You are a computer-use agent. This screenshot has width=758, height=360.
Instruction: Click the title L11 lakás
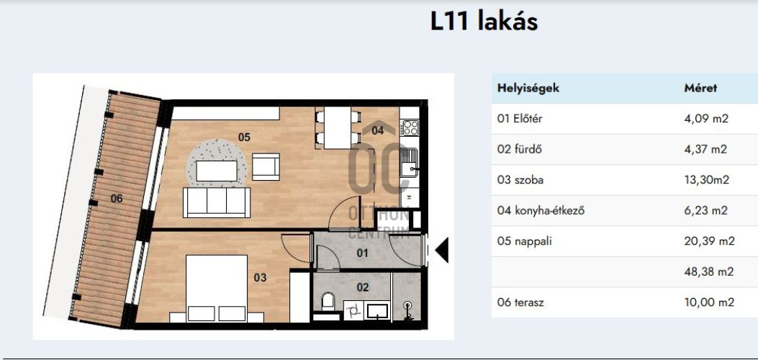tap(484, 22)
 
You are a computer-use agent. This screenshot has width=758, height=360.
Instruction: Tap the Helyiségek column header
tap(528, 89)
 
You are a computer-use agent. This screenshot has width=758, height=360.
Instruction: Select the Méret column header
tap(700, 88)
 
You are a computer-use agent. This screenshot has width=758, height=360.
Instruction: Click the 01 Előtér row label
tap(520, 118)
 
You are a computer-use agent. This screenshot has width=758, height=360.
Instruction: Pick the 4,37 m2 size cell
tap(705, 149)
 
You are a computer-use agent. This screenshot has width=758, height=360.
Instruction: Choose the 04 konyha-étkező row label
tap(541, 211)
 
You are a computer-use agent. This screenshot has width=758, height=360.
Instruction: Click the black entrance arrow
tap(442, 250)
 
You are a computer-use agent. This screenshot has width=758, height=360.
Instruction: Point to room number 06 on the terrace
tap(117, 198)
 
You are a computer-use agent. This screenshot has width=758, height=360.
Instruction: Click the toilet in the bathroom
tap(328, 300)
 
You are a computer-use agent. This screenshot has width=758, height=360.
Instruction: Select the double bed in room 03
tap(217, 289)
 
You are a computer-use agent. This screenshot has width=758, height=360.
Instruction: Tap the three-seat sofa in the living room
tap(217, 202)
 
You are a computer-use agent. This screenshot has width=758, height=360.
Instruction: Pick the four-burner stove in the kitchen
tap(410, 128)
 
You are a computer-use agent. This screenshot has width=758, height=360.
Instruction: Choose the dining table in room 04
tap(338, 127)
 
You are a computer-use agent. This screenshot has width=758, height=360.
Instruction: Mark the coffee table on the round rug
tap(217, 171)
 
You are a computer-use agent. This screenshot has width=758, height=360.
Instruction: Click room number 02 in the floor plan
tap(363, 287)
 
